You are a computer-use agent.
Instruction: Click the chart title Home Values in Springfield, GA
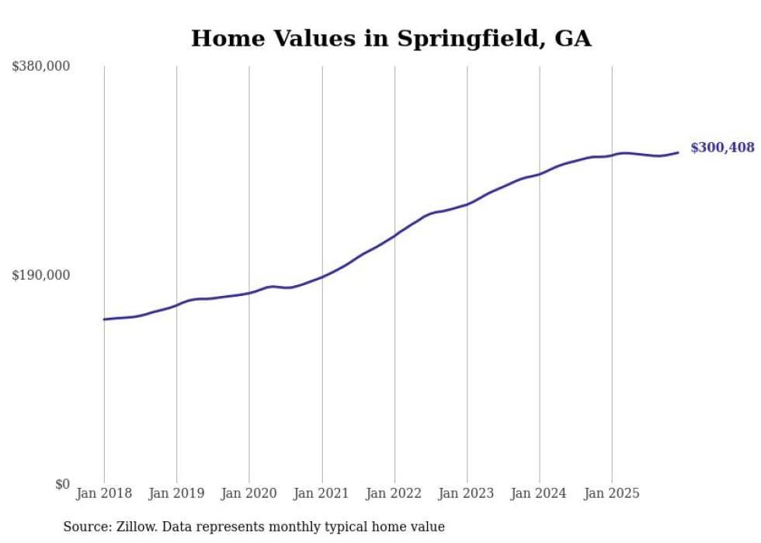click(x=391, y=39)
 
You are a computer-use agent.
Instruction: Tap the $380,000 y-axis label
click(x=41, y=67)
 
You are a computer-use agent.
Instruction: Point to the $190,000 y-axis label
click(x=41, y=275)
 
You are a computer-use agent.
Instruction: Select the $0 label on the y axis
click(x=62, y=484)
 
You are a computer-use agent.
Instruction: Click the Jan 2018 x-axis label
click(x=104, y=494)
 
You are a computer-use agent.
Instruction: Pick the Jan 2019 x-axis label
click(x=176, y=494)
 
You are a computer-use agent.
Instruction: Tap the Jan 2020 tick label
click(x=249, y=494)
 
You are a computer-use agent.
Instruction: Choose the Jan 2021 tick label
click(x=321, y=494)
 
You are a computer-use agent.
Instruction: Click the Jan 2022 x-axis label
click(x=394, y=494)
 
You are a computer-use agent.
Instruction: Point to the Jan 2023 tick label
click(x=467, y=494)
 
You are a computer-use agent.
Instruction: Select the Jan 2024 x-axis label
click(x=540, y=494)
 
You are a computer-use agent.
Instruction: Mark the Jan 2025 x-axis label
click(x=612, y=494)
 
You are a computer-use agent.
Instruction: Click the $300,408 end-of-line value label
click(x=722, y=148)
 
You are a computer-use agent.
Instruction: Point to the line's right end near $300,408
click(x=678, y=152)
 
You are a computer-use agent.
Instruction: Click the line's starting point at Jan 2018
click(x=104, y=319)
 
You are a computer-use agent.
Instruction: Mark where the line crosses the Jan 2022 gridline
click(x=394, y=235)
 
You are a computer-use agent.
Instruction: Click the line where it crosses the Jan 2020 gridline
click(x=249, y=293)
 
